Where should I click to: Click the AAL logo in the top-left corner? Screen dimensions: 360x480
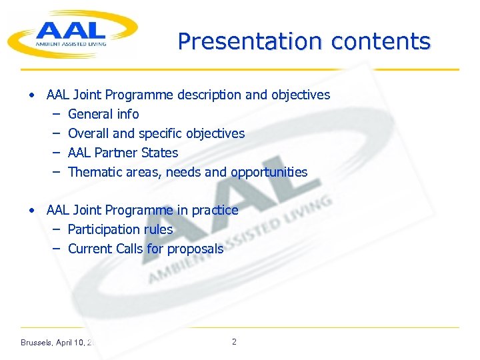72,33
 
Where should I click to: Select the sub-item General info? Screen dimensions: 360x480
103,114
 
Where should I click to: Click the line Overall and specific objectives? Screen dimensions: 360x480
156,133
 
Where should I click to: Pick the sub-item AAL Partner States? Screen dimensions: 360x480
123,153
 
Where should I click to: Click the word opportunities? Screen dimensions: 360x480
269,172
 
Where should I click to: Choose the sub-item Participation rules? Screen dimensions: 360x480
120,229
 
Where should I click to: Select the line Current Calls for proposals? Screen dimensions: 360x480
145,249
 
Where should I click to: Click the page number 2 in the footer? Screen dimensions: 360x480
233,342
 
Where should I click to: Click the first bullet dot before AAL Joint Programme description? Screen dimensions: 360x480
32,95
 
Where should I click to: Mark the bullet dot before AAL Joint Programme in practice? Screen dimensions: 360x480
32,210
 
